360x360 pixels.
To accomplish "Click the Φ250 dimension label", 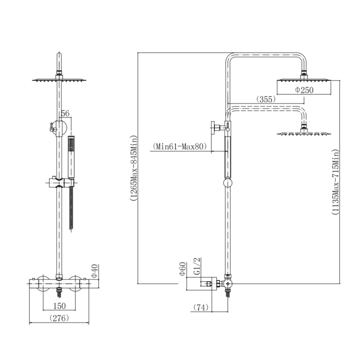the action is [x=304, y=90].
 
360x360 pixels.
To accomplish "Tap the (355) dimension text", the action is [x=266, y=99].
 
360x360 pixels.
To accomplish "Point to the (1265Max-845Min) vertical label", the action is [x=133, y=168].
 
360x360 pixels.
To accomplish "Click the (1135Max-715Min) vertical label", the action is [x=335, y=182].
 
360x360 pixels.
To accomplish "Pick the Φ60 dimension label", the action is [x=182, y=269].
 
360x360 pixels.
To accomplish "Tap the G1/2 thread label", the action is [x=197, y=266].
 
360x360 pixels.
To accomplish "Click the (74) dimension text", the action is [x=201, y=307].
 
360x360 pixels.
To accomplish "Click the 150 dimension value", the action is [x=59, y=306].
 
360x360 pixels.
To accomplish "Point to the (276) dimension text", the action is [x=59, y=318].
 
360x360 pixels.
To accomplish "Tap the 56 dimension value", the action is [x=65, y=113].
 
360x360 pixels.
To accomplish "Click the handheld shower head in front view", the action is [x=71, y=157].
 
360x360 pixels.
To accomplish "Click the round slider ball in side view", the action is [x=228, y=183].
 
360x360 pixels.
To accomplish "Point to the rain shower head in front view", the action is [x=60, y=80].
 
